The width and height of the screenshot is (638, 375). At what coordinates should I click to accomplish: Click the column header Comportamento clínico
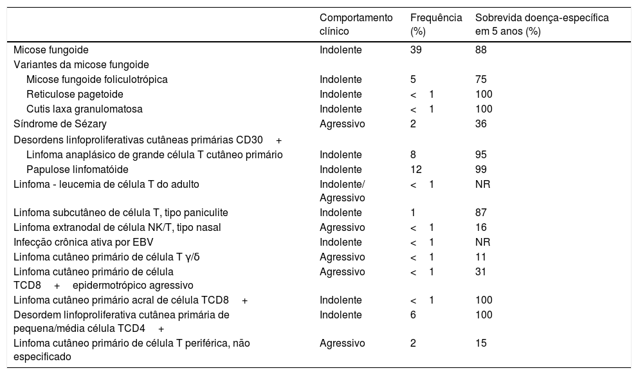pyautogui.click(x=356, y=24)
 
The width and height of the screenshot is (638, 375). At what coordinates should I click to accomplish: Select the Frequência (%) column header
pyautogui.click(x=435, y=24)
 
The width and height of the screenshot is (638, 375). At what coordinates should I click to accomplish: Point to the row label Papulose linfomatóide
pyautogui.click(x=77, y=169)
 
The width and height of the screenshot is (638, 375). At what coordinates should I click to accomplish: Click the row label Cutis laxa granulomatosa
pyautogui.click(x=84, y=109)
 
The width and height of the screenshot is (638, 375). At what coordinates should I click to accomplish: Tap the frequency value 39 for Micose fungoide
pyautogui.click(x=415, y=50)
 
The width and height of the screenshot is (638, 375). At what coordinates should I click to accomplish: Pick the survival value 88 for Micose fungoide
pyautogui.click(x=480, y=50)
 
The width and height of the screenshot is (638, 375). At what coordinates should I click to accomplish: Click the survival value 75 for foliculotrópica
pyautogui.click(x=480, y=80)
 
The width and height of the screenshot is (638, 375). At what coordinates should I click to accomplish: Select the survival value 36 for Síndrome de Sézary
pyautogui.click(x=480, y=123)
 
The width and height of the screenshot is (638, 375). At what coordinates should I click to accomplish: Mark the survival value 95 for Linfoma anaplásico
pyautogui.click(x=480, y=154)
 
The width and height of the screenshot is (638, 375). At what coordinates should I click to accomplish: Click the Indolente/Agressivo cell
pyautogui.click(x=343, y=191)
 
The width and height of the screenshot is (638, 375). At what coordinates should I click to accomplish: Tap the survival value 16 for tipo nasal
pyautogui.click(x=480, y=227)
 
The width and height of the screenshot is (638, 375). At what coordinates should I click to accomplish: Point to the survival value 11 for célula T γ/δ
pyautogui.click(x=480, y=257)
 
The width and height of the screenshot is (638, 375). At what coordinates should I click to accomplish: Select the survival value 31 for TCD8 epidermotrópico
pyautogui.click(x=480, y=271)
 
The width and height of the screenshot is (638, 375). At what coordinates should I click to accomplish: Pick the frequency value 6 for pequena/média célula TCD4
pyautogui.click(x=413, y=315)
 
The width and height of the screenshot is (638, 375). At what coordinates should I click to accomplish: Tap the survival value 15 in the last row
pyautogui.click(x=480, y=343)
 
